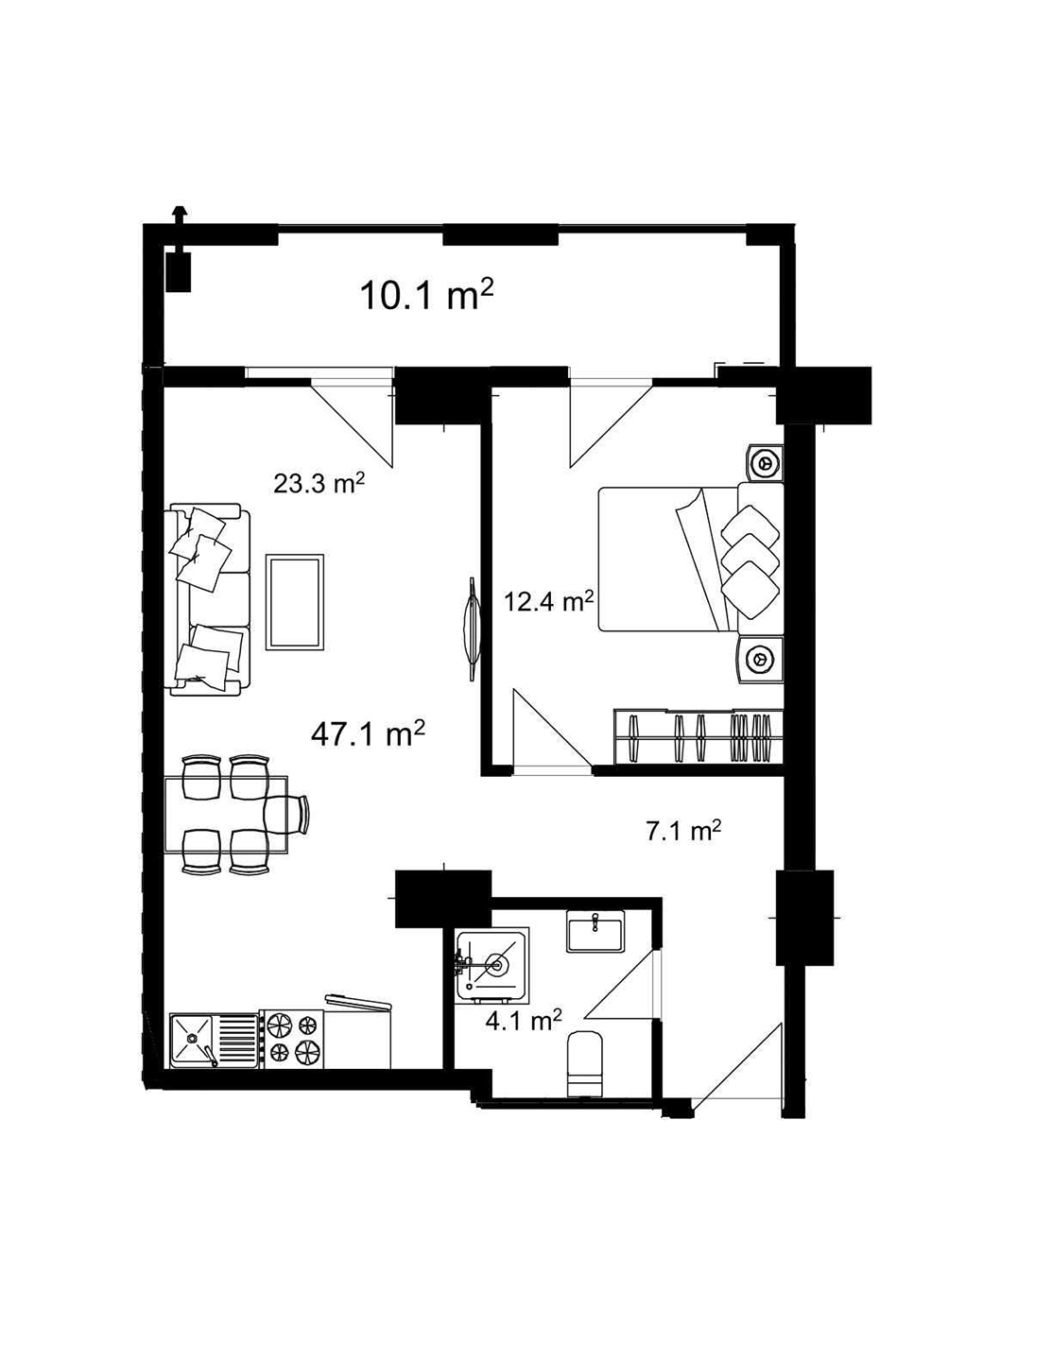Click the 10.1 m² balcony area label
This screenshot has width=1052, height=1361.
click(x=426, y=295)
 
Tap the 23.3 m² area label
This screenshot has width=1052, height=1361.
click(x=319, y=484)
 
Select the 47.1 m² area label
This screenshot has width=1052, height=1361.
click(x=367, y=733)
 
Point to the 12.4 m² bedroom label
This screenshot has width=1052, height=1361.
click(x=548, y=601)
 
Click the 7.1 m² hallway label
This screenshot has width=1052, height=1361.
click(x=683, y=832)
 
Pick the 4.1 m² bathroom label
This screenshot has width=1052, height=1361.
click(x=523, y=1021)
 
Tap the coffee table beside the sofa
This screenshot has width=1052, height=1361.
click(x=295, y=602)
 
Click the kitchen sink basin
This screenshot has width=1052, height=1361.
click(x=194, y=1040)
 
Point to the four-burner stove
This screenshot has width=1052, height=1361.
click(x=292, y=1039)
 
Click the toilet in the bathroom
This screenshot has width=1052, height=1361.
click(x=586, y=1063)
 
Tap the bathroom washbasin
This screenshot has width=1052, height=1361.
click(x=595, y=931)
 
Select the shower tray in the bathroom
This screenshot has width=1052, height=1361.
click(x=492, y=964)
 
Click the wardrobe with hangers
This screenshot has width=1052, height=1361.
click(x=699, y=736)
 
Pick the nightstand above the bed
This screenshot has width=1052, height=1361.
click(x=764, y=463)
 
